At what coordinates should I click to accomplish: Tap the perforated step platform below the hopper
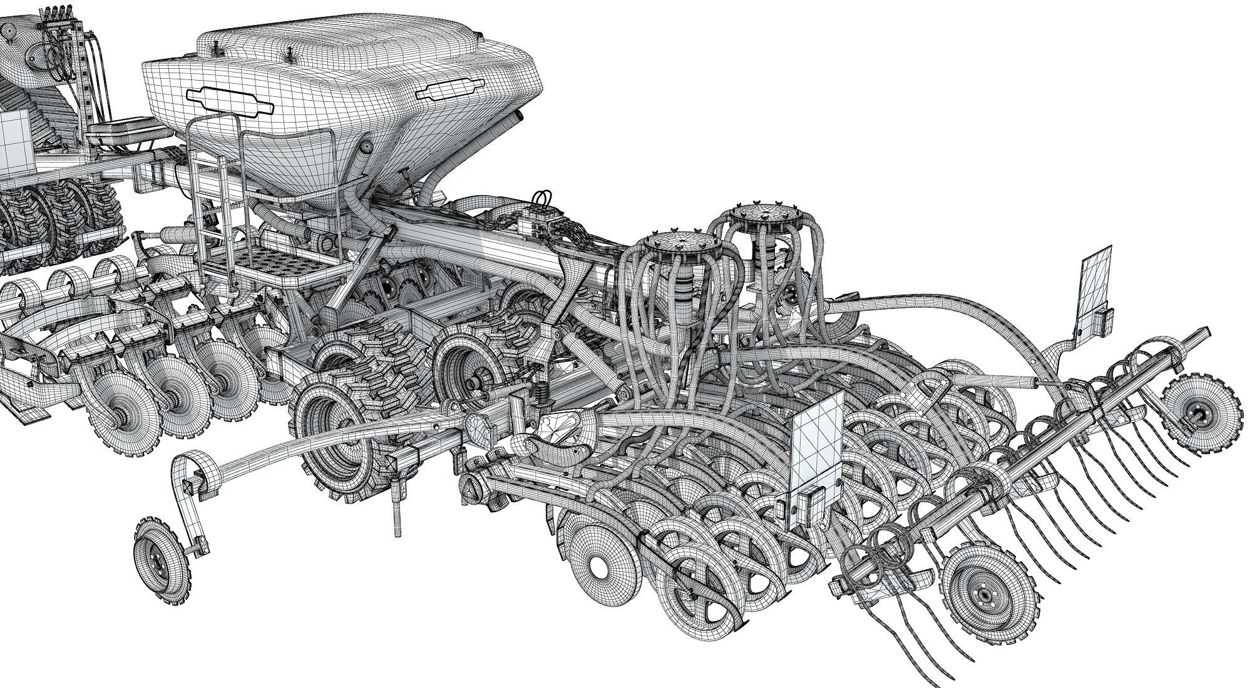(x=275, y=261)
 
